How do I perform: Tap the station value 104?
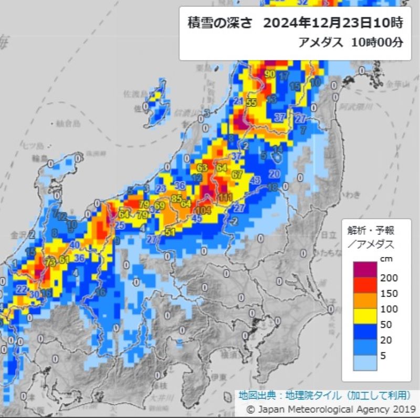205,210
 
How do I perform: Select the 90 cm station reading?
270,74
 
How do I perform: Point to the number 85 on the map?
176,198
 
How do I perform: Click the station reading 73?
51,262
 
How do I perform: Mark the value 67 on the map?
237,174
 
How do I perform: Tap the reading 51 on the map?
170,232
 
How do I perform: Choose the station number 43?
256,180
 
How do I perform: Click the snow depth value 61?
64,260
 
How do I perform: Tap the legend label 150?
388,293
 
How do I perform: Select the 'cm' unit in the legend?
386,258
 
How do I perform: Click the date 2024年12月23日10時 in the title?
333,23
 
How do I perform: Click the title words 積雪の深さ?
220,23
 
